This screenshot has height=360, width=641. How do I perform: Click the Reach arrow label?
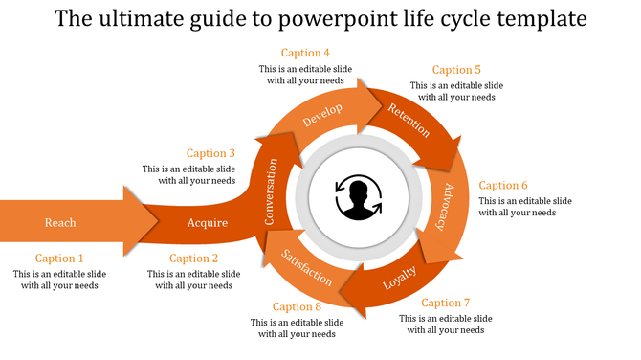[x=60, y=223]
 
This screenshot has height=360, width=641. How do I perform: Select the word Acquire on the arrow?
[x=208, y=223]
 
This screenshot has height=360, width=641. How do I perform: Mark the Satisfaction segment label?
[x=306, y=266]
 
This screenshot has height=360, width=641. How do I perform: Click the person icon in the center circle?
[x=359, y=198]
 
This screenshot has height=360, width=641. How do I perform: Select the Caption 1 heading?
[x=59, y=259]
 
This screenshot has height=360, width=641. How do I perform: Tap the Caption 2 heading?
[x=194, y=259]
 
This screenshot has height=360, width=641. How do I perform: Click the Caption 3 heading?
[x=210, y=153]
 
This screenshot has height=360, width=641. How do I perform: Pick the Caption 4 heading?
[x=305, y=53]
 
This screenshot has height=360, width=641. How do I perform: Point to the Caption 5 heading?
[x=456, y=70]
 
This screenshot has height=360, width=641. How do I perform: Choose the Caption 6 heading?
[x=503, y=186]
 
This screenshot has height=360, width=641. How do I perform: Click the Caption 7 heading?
[x=446, y=304]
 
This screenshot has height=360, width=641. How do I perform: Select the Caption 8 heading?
[x=297, y=307]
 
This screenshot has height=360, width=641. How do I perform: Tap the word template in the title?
[x=540, y=18]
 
